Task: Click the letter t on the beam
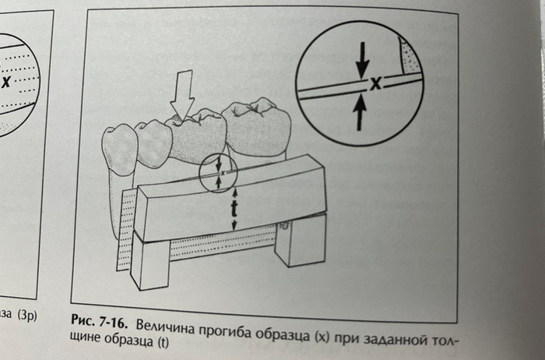tap(234, 207)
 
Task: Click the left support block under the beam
tap(149, 262)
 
